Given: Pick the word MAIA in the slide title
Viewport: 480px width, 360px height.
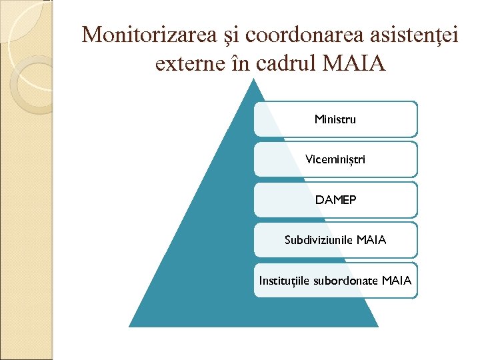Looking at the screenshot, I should tap(354, 64).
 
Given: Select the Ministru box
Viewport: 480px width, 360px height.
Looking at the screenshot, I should tap(335, 119).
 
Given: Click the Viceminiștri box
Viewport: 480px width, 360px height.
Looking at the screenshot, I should tap(335, 160).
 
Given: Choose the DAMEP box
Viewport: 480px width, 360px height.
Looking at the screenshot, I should tap(335, 200).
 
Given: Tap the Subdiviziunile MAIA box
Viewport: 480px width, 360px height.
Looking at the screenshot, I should tap(335, 240).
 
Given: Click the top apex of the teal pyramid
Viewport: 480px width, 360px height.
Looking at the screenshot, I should tap(254, 81).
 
